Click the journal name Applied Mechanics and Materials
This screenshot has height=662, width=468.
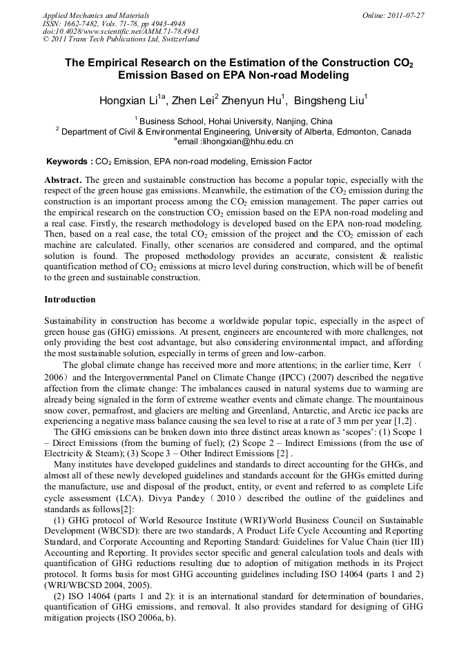(x=96, y=15)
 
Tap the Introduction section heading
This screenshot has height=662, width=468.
(x=70, y=300)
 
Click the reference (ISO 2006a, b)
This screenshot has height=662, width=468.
(x=146, y=619)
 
